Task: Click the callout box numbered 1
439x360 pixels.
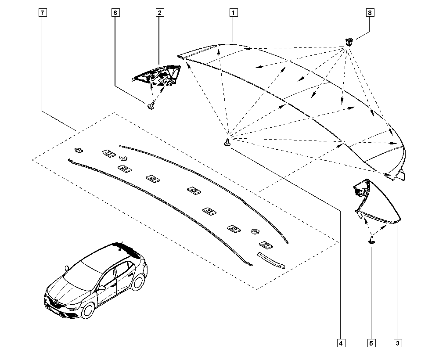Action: click(x=233, y=13)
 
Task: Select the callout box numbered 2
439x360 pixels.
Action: click(x=159, y=13)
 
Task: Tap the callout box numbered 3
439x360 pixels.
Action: click(x=397, y=343)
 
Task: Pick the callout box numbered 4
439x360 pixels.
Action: click(x=341, y=343)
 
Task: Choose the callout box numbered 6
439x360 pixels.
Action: click(x=115, y=13)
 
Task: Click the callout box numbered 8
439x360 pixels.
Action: click(x=370, y=13)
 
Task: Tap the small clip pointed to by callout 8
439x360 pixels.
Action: click(x=349, y=42)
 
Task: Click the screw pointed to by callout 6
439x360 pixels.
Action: click(x=151, y=105)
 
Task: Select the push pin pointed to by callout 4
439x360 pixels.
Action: click(x=227, y=143)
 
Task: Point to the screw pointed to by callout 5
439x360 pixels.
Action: click(x=371, y=239)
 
